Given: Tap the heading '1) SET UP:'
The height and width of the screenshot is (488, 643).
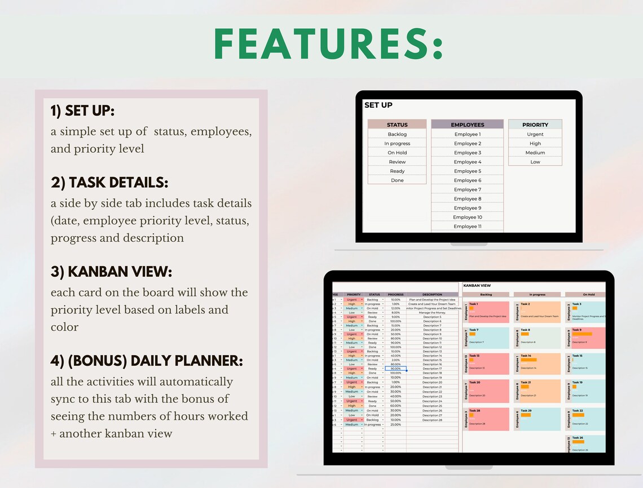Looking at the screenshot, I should point(82,111).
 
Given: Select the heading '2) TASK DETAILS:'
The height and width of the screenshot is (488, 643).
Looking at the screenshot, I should point(109,183).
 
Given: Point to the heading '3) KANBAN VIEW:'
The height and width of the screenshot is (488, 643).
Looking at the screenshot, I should point(112,272).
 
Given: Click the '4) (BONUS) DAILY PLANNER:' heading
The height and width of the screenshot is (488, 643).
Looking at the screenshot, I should point(147,361).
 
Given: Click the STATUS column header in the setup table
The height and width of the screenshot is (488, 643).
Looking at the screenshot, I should point(397,125).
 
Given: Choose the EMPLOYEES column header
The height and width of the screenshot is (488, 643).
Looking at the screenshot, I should point(467,125).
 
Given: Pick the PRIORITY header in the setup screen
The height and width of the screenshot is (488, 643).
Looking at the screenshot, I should point(535,125).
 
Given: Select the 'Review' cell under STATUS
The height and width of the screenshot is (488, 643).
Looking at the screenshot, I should point(397,162).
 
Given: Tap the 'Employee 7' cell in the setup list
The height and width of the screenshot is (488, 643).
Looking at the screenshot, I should point(467,189).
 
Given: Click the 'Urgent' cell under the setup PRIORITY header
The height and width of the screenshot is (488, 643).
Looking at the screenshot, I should point(535,134).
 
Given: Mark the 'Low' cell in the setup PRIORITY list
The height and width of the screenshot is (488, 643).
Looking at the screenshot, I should point(535,162).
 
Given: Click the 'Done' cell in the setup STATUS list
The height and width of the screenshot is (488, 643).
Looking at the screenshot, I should point(397,180).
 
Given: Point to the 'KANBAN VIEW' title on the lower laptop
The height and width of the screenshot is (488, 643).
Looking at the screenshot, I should point(477,286).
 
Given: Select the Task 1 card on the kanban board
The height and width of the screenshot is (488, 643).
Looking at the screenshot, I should point(487,311).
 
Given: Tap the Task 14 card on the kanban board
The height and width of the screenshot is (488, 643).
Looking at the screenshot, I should point(540,363).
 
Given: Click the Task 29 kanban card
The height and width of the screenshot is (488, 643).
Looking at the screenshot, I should point(540,419).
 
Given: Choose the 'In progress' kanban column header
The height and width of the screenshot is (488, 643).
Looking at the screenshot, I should point(537,294).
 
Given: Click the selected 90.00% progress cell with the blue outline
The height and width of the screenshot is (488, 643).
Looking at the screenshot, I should point(395,369).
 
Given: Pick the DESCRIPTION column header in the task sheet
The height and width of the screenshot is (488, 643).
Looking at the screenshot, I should point(432,294).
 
